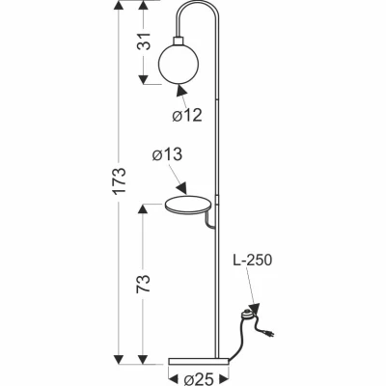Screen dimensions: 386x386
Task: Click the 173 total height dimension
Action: [x=120, y=180]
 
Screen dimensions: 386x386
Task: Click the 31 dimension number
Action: [x=144, y=41]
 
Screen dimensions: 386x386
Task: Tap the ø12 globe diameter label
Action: [x=187, y=115]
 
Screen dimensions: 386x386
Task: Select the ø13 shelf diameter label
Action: [x=167, y=154]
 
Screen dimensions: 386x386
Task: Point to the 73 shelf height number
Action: [x=144, y=284]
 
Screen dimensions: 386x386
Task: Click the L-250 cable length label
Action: [x=253, y=260]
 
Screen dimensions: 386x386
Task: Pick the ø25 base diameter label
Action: [x=199, y=379]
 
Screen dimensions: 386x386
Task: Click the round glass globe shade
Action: [x=179, y=64]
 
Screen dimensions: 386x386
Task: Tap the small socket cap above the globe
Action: [x=179, y=41]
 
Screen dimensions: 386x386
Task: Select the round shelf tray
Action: [x=188, y=206]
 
